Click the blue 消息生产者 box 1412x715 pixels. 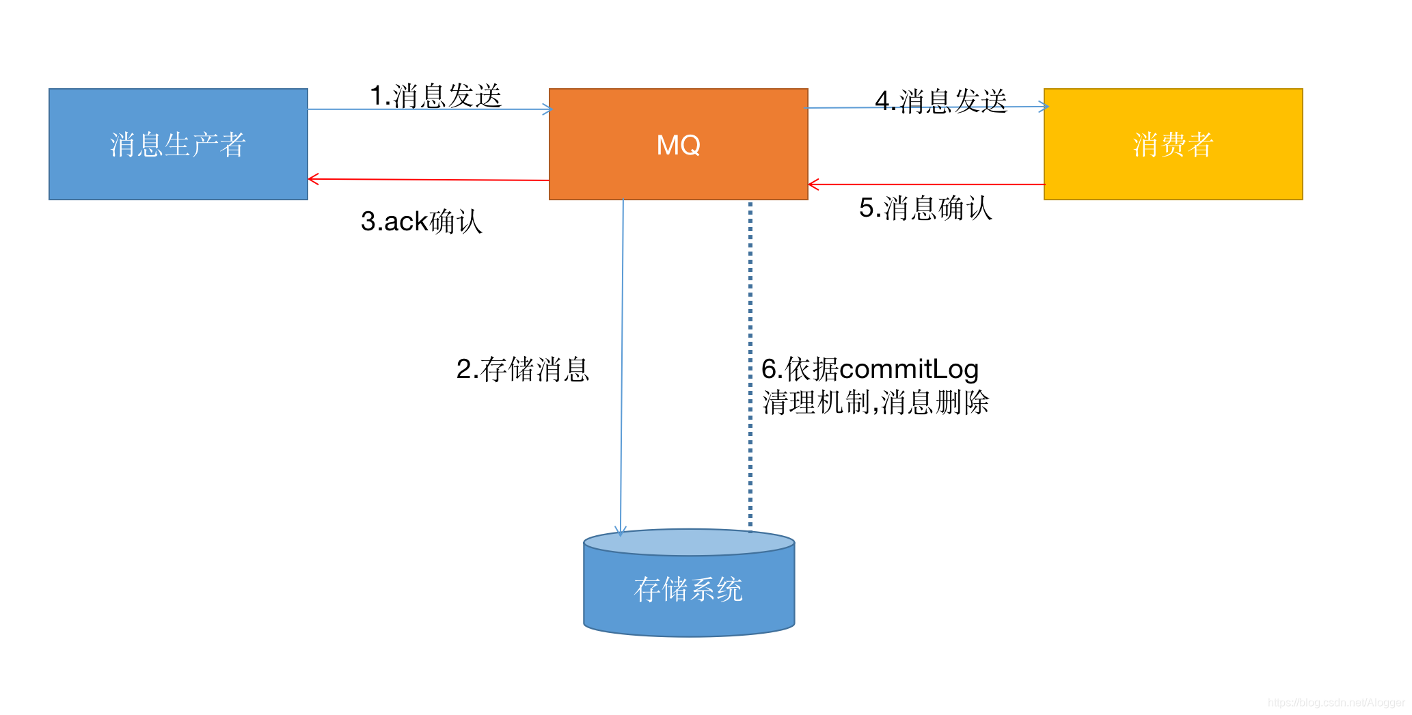[x=178, y=144]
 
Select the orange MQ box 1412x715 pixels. [x=678, y=144]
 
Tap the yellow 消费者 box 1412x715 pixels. [x=1173, y=144]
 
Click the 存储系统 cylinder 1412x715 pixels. [x=689, y=589]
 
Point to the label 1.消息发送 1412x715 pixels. [x=435, y=96]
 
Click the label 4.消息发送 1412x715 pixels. [x=940, y=100]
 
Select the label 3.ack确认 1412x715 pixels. [x=421, y=221]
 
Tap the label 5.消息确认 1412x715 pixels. [x=925, y=208]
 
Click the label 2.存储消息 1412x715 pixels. [x=522, y=369]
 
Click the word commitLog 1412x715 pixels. [x=909, y=369]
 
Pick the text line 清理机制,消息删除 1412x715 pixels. [x=875, y=403]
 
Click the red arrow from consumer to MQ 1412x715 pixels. [x=926, y=185]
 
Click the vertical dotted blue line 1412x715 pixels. [x=750, y=308]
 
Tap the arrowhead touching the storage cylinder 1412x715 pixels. [x=621, y=531]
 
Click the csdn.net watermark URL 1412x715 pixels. [x=1335, y=703]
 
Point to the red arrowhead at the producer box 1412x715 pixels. [x=313, y=179]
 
